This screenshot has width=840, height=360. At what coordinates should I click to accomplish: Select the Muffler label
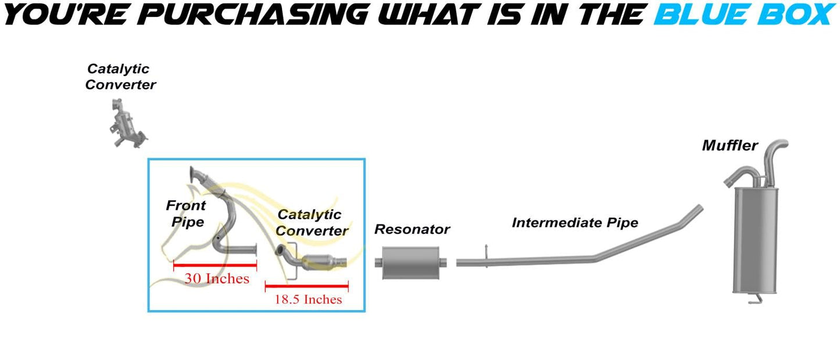pyautogui.click(x=730, y=145)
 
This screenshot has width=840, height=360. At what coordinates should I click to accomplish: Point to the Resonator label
pyautogui.click(x=412, y=229)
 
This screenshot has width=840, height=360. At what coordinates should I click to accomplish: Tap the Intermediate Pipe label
pyautogui.click(x=574, y=222)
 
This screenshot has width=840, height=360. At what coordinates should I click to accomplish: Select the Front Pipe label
pyautogui.click(x=185, y=213)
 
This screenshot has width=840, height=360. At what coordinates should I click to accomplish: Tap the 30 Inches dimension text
pyautogui.click(x=216, y=279)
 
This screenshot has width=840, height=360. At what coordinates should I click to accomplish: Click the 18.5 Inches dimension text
pyautogui.click(x=308, y=300)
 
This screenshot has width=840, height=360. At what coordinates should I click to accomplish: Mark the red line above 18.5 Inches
pyautogui.click(x=306, y=286)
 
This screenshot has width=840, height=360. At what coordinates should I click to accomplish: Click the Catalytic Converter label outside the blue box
pyautogui.click(x=120, y=77)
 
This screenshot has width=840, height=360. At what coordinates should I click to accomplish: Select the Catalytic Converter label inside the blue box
pyautogui.click(x=312, y=223)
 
